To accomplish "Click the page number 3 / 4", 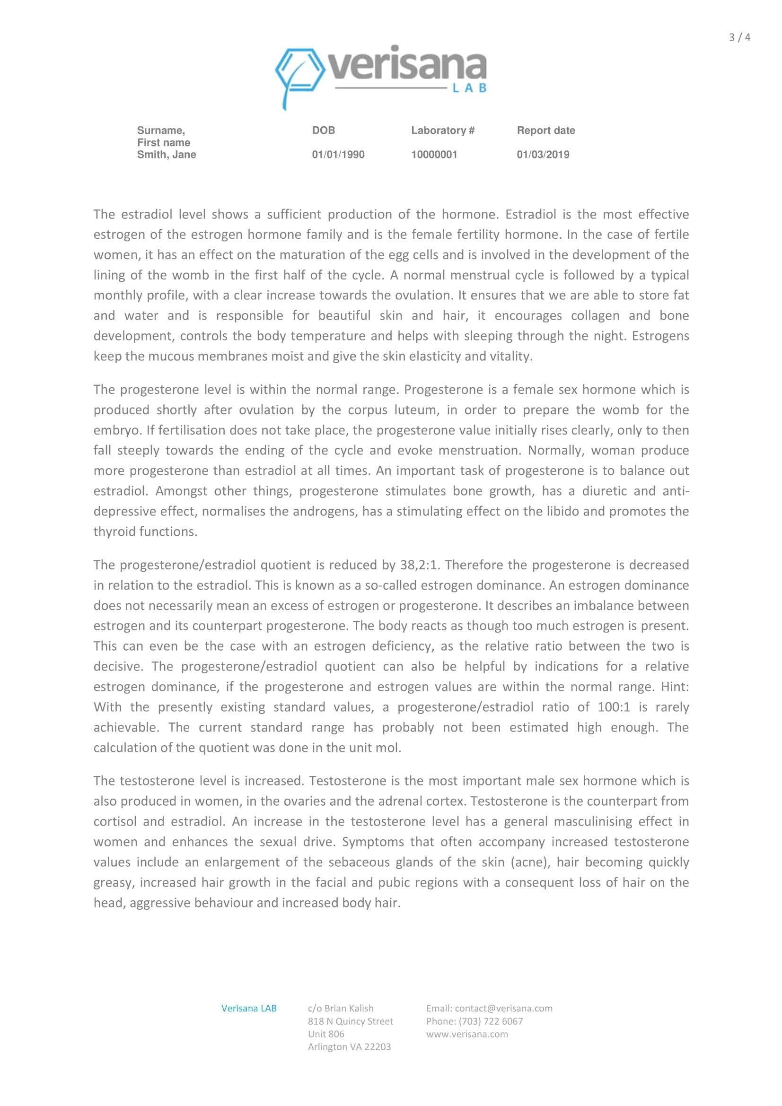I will point(739,37).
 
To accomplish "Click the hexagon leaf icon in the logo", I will point(299,72).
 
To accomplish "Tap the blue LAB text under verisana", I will point(470,88).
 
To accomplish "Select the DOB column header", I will point(323,131).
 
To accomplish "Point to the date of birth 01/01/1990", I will point(338,155).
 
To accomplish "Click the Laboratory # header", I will point(443,131).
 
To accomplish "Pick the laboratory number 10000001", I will point(434,155).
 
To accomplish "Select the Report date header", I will point(546,131).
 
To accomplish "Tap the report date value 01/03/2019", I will point(543,155).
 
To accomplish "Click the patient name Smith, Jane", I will point(166,155).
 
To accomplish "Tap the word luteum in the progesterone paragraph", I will point(416,410).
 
